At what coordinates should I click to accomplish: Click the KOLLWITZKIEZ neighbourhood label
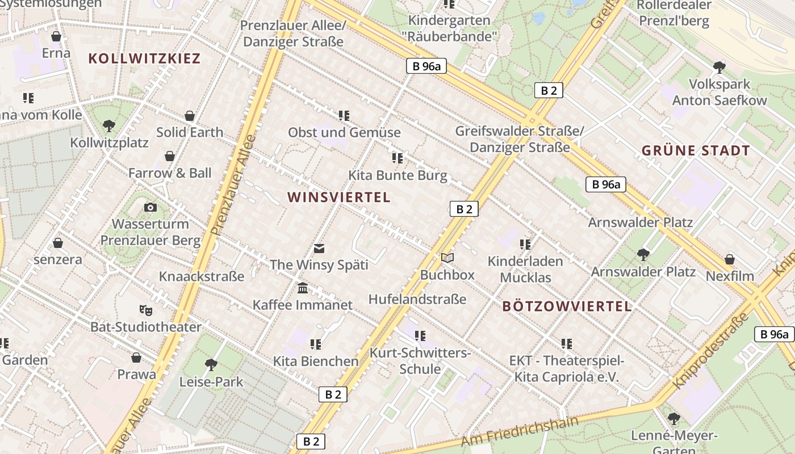click(x=144, y=58)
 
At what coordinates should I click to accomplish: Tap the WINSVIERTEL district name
click(x=338, y=197)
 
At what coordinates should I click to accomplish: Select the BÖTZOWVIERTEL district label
click(x=567, y=306)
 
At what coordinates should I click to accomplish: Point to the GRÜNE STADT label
click(x=696, y=151)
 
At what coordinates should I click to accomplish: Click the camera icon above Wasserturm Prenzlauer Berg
click(x=150, y=207)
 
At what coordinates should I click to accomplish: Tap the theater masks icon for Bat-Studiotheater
click(x=146, y=310)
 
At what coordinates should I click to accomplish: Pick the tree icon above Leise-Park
click(x=211, y=364)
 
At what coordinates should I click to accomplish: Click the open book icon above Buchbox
click(x=447, y=258)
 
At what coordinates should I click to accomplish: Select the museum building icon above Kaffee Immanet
click(x=303, y=288)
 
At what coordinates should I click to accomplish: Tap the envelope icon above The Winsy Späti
click(x=319, y=248)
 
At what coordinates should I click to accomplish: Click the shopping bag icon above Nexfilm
click(x=729, y=259)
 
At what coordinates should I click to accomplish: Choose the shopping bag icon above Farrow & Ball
click(x=169, y=156)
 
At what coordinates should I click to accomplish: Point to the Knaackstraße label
click(x=202, y=277)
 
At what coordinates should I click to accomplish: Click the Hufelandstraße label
click(x=417, y=299)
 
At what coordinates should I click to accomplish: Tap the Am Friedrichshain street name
click(x=519, y=431)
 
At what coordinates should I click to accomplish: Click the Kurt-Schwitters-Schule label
click(x=420, y=361)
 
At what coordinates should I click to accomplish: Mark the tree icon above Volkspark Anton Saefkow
click(x=719, y=68)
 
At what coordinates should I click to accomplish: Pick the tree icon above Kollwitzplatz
click(x=109, y=125)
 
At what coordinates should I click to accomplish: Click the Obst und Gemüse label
click(x=344, y=133)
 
